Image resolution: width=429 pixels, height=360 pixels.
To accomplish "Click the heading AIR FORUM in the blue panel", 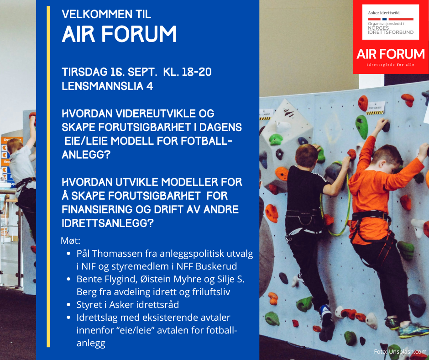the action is tap(119, 34).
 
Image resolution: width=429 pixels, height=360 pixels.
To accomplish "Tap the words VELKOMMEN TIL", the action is tap(106, 14).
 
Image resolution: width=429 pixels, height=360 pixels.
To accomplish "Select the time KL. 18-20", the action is tap(188, 72).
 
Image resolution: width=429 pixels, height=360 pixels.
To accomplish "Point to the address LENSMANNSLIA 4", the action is tap(107, 86).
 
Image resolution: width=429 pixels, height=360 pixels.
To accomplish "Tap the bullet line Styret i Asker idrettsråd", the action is tap(128, 305).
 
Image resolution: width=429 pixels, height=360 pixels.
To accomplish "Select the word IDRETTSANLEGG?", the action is tap(108, 223).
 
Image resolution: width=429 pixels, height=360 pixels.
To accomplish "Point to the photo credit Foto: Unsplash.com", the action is tap(400, 351).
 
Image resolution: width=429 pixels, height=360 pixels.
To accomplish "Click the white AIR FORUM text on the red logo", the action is tap(390, 54).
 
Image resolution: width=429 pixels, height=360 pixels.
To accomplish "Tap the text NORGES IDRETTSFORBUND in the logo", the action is tap(390, 30).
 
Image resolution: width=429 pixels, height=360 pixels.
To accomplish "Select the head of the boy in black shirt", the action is tap(307, 156).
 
